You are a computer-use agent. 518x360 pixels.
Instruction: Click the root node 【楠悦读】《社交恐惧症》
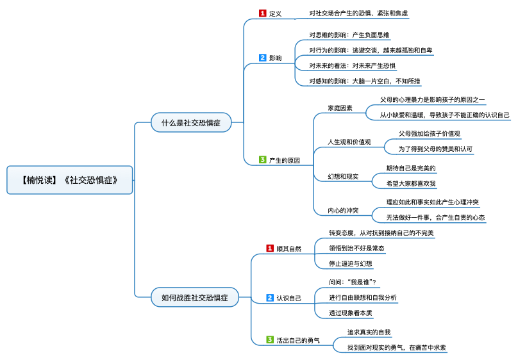(69, 180)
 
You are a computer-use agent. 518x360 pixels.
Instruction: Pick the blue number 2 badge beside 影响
(262, 58)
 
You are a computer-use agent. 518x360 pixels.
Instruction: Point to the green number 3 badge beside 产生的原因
(262, 160)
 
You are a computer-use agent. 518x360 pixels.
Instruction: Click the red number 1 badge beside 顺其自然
(270, 248)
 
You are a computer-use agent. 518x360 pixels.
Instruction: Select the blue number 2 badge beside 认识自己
(270, 297)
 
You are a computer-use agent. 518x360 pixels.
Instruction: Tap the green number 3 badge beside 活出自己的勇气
(270, 340)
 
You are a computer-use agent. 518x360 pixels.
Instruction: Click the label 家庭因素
(340, 108)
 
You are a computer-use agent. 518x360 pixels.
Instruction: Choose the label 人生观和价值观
(349, 142)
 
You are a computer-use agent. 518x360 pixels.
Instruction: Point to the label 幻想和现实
(343, 176)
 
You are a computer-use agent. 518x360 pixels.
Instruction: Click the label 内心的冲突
(343, 210)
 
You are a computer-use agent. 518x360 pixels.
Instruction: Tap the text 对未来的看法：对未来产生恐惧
(352, 65)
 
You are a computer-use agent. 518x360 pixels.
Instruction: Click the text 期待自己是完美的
(411, 168)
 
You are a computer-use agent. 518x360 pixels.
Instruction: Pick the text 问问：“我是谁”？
(352, 282)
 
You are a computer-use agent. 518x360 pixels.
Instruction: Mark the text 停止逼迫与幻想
(351, 263)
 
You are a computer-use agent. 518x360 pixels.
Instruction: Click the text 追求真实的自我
(369, 332)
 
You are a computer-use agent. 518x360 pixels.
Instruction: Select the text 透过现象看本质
(351, 313)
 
